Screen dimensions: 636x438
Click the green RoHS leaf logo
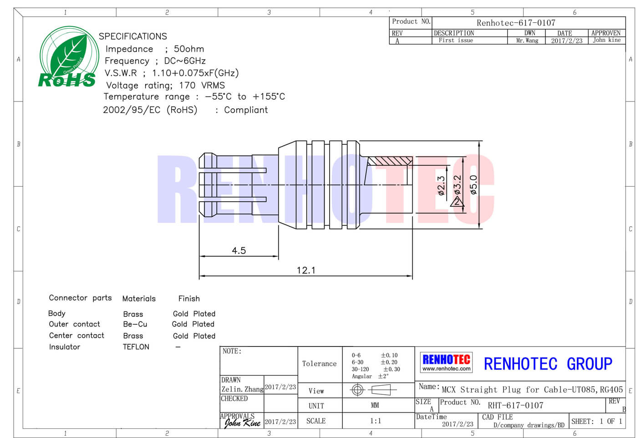pos(68,57)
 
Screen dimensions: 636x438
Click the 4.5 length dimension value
pos(239,251)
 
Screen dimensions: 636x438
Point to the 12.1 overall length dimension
pos(306,270)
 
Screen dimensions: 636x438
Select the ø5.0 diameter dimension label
pos(473,185)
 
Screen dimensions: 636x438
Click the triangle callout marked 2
pos(457,201)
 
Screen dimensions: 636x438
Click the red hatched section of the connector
pos(390,161)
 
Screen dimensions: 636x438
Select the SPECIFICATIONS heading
pos(133,36)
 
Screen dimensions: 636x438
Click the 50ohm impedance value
pos(189,49)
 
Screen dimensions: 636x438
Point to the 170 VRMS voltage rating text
pos(202,85)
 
